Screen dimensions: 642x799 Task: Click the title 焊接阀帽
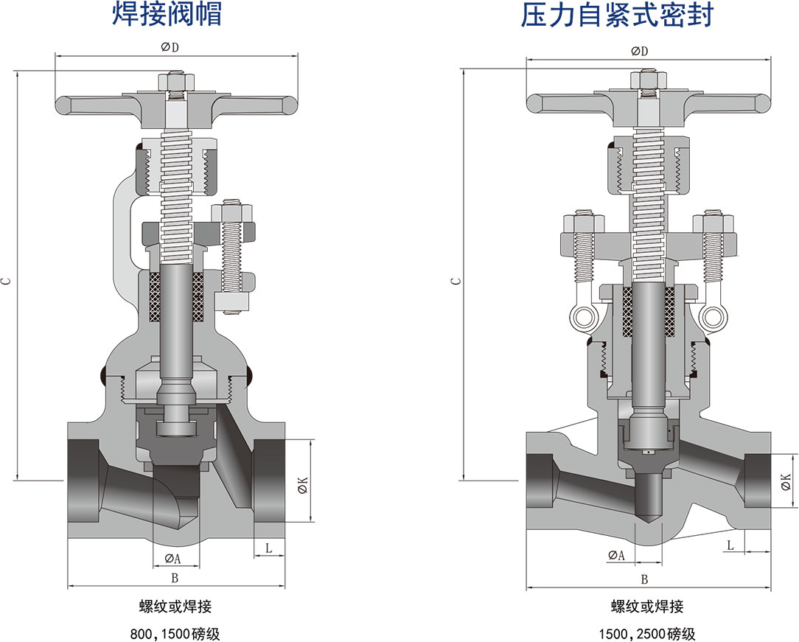click(167, 15)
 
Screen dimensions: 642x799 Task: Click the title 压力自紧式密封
click(617, 15)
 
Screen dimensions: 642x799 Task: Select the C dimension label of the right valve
click(456, 280)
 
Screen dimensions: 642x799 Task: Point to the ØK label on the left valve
click(301, 484)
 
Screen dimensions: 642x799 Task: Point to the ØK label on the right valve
click(785, 482)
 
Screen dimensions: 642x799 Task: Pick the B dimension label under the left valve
click(175, 577)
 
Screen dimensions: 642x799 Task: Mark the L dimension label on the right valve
click(730, 545)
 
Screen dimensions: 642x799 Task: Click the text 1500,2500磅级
click(646, 633)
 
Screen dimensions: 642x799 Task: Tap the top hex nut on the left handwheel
click(178, 79)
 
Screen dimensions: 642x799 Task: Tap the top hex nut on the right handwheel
click(648, 78)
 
